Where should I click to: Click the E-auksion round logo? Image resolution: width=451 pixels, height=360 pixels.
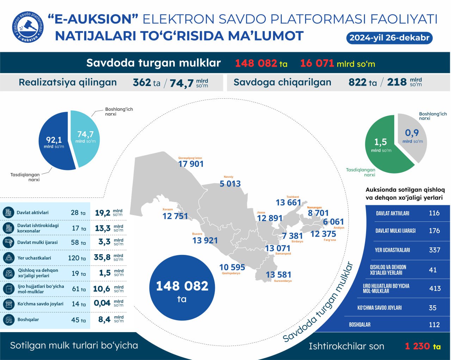(28, 27)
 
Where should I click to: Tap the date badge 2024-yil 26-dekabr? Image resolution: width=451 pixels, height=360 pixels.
(389, 38)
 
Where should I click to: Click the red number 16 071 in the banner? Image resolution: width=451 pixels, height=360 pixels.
(317, 63)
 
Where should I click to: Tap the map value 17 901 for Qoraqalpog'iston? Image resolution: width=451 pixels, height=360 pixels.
(191, 164)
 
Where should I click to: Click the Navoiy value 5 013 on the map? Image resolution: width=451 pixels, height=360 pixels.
(230, 184)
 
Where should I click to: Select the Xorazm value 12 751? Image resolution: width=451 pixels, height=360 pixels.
(175, 216)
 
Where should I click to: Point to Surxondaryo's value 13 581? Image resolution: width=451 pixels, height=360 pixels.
(278, 275)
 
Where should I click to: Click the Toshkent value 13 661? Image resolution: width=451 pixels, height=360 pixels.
(288, 202)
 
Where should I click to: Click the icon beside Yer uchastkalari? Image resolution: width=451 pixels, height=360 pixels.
(8, 258)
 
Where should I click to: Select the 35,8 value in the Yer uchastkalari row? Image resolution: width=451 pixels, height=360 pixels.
(102, 257)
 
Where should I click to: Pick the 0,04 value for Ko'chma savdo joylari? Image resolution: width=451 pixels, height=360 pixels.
(102, 303)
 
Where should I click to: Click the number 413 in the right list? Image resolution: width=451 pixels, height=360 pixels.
(435, 288)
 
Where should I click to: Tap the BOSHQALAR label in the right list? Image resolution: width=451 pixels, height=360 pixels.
(360, 324)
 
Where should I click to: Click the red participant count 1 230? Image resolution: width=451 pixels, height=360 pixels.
(417, 346)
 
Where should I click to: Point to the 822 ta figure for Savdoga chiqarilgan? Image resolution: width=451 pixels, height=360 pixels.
(362, 82)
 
